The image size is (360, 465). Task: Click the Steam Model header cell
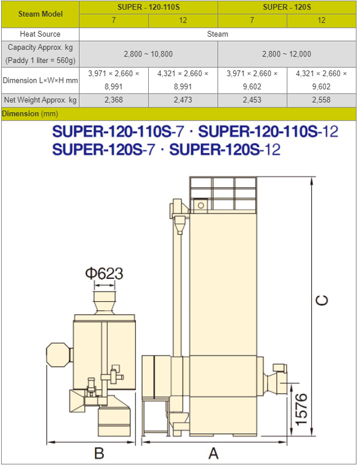(40, 14)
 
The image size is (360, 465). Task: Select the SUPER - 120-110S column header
(149, 7)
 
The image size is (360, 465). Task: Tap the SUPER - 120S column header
(287, 7)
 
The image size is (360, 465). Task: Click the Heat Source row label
(40, 34)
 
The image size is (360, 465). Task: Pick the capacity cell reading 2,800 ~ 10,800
(148, 54)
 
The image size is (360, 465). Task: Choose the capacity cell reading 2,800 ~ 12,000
(287, 54)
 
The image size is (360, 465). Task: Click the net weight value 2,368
(113, 100)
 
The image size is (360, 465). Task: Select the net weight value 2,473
(183, 100)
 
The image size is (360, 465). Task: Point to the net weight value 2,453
(252, 100)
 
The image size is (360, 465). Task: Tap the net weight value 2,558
(322, 100)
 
